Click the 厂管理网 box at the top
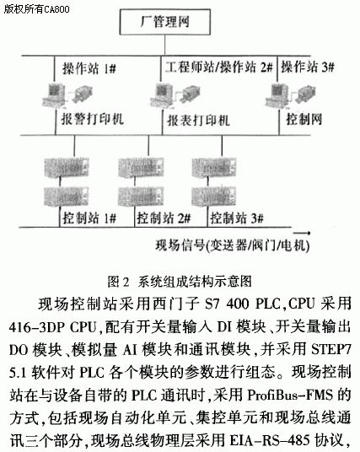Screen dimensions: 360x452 (165, 22)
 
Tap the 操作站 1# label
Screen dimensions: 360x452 (89, 68)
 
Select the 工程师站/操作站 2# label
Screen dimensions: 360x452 (218, 67)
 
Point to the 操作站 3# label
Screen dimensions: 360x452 (307, 67)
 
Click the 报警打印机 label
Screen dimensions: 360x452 (93, 119)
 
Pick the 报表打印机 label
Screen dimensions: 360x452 (199, 120)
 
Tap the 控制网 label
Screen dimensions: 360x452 (304, 119)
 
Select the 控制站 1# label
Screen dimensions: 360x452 (89, 218)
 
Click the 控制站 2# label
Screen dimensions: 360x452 (164, 218)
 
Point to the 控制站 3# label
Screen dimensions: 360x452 (237, 218)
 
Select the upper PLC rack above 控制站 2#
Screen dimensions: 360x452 (141, 167)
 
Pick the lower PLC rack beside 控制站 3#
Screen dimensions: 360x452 (214, 196)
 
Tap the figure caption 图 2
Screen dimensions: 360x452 (118, 282)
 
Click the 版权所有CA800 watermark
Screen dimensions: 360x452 (36, 9)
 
